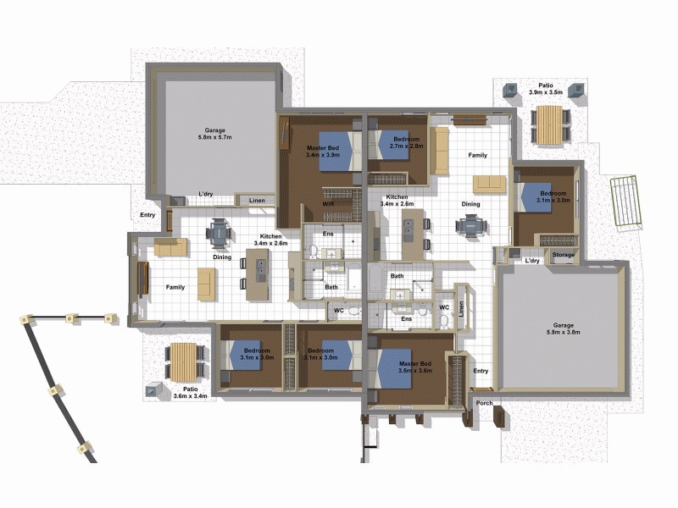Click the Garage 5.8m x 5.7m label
point(214,134)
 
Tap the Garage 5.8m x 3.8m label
point(564,329)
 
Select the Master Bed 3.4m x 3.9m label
point(322,152)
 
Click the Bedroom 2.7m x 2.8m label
point(400,142)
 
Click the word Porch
point(484,403)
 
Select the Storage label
point(563,255)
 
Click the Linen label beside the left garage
point(257,201)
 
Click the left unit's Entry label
point(148,215)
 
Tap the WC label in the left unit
point(338,311)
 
